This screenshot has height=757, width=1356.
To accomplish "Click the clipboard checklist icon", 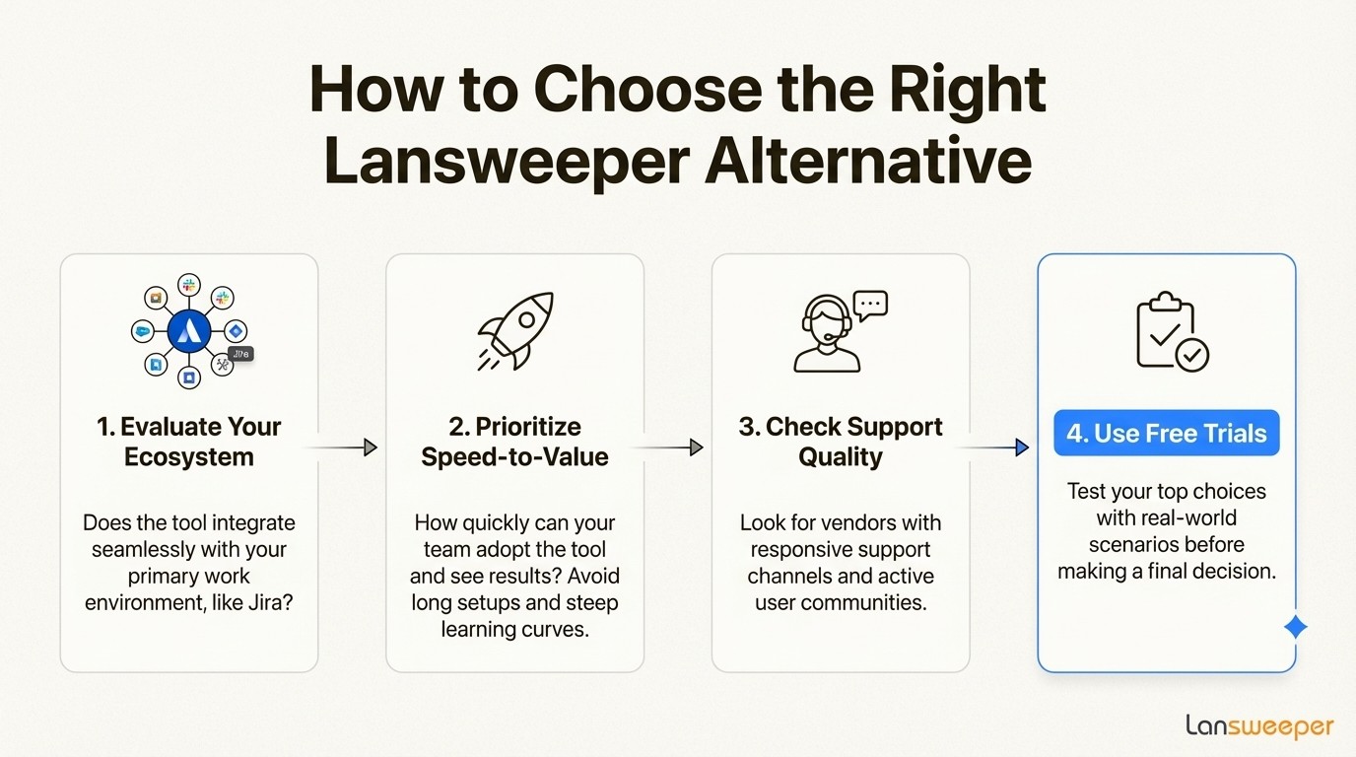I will [1172, 333].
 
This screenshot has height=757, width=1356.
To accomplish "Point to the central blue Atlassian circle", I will [189, 332].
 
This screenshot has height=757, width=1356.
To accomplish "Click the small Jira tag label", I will [240, 354].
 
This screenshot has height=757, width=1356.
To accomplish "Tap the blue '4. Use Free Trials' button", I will [1166, 433].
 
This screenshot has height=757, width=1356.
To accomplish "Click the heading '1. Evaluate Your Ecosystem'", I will [189, 442].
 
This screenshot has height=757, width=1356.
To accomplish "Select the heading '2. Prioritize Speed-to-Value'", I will [514, 442].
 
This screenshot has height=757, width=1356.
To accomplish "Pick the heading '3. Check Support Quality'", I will [841, 442].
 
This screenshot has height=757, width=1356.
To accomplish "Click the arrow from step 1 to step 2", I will [341, 447].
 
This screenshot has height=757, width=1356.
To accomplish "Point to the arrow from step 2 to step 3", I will [667, 447].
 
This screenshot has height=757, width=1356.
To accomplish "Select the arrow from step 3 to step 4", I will [993, 447].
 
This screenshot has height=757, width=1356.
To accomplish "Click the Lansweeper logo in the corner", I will [1259, 727].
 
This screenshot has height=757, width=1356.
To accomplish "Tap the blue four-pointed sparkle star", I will [1296, 627].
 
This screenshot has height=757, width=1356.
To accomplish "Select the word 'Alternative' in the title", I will [867, 163].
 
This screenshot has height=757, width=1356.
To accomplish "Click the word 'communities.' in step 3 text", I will [871, 602].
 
